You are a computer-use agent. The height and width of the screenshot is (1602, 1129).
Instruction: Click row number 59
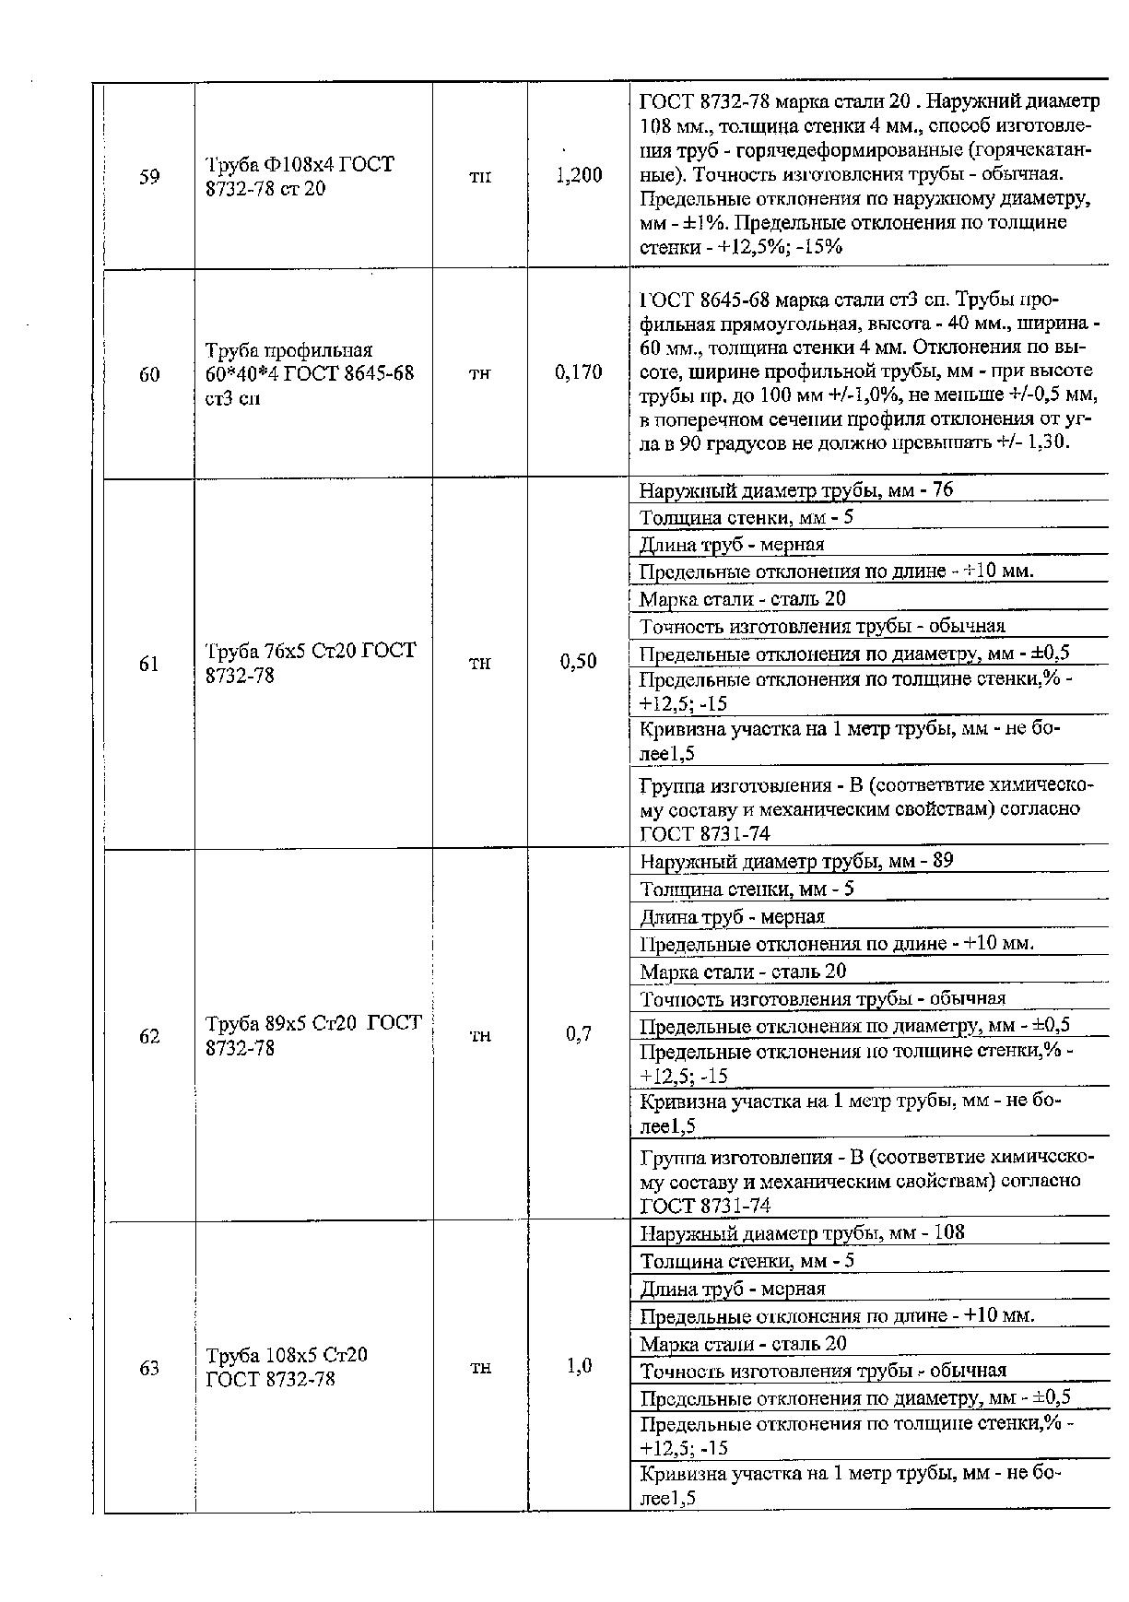tap(149, 177)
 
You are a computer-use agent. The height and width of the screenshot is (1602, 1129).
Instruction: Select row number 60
tap(149, 374)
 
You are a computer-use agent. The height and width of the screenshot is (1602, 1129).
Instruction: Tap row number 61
tap(149, 664)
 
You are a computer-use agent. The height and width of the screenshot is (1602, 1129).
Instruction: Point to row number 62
tap(149, 1037)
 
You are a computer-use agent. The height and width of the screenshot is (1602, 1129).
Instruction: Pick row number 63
tap(149, 1368)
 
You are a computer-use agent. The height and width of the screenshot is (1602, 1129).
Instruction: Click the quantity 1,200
tap(579, 175)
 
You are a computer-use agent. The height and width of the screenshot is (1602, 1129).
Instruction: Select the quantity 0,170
tap(579, 372)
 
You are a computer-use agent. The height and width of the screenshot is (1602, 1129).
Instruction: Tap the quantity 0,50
tap(579, 662)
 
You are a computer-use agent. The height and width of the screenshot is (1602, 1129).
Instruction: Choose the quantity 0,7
tap(579, 1034)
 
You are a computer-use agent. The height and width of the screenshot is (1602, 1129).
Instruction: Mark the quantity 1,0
tap(579, 1366)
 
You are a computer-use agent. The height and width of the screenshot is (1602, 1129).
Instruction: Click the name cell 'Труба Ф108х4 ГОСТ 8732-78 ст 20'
tap(300, 177)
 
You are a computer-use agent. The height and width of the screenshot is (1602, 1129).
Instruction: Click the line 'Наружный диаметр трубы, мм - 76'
tap(796, 490)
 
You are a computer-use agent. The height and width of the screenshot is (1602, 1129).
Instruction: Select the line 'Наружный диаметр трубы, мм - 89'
tap(796, 861)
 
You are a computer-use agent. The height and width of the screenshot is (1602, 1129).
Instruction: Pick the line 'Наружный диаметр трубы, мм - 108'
tap(802, 1233)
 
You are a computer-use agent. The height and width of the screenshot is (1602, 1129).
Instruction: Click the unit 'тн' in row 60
tap(480, 373)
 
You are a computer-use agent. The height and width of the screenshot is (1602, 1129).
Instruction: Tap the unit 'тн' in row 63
tap(480, 1368)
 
